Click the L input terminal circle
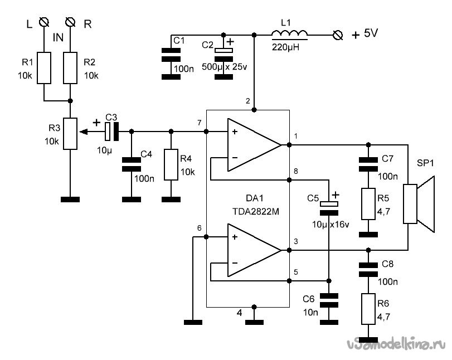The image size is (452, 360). click(x=44, y=22)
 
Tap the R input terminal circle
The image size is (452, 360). click(x=70, y=22)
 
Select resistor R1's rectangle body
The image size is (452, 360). click(x=44, y=68)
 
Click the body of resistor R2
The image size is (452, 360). click(x=70, y=68)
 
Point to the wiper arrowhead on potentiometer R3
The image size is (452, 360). click(x=83, y=132)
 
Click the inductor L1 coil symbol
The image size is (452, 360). click(x=289, y=33)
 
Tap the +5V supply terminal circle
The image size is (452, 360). click(x=338, y=35)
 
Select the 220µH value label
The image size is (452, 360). click(x=286, y=47)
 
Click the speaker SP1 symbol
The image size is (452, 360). click(x=419, y=204)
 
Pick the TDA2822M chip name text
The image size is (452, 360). click(x=256, y=212)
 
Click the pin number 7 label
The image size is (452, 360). click(x=199, y=123)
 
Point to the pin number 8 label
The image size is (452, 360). click(x=296, y=171)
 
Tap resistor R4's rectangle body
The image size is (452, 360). click(x=171, y=164)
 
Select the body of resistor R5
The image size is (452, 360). click(x=368, y=204)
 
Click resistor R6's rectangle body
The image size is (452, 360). click(x=368, y=309)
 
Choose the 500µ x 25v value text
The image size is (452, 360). click(x=225, y=67)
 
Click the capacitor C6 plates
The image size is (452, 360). click(x=329, y=300)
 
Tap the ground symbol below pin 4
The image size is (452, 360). click(x=254, y=322)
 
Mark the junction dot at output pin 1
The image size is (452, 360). click(x=289, y=145)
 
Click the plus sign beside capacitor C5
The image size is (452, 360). click(x=336, y=195)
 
